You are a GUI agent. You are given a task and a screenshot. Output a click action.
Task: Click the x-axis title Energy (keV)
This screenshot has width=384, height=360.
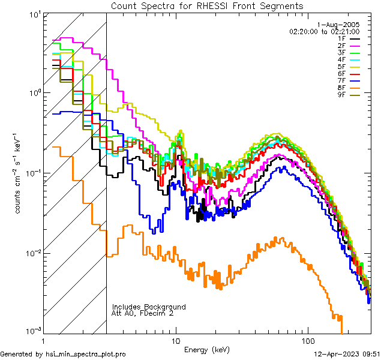(x=207, y=350)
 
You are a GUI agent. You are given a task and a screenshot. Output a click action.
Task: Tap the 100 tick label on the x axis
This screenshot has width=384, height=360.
(x=308, y=341)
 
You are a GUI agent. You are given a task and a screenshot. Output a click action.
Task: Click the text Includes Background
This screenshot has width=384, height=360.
(x=149, y=307)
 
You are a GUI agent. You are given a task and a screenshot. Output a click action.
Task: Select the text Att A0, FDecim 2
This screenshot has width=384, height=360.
(x=143, y=313)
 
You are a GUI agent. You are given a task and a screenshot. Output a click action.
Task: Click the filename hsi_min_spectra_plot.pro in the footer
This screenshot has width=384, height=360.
(x=86, y=354)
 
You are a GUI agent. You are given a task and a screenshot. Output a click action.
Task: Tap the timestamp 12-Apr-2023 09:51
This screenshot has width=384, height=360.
(x=347, y=354)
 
